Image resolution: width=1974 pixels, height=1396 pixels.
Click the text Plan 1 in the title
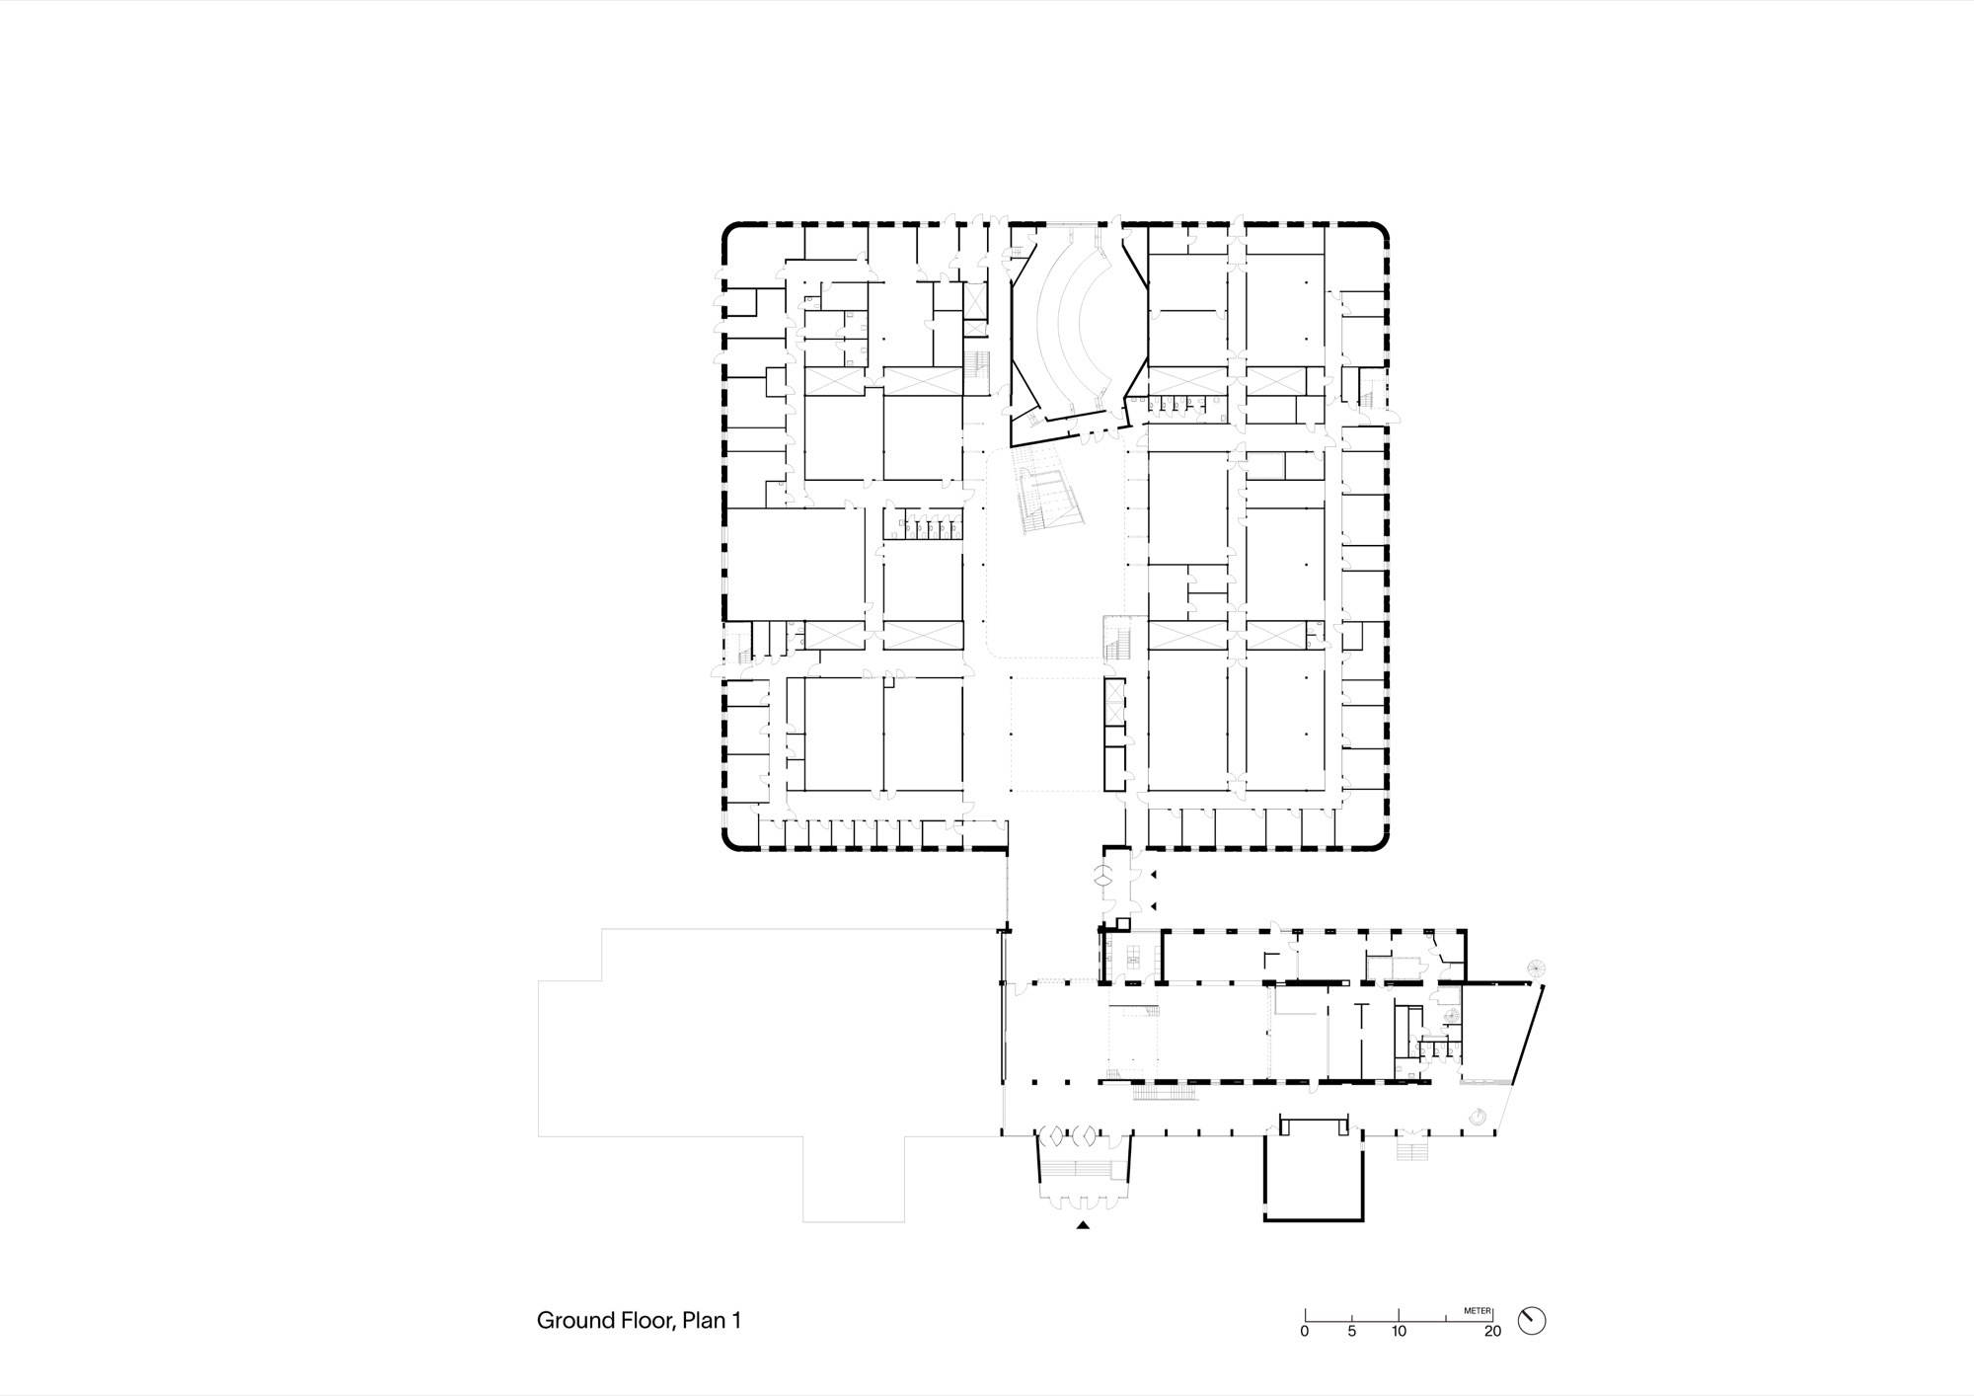[x=711, y=1321]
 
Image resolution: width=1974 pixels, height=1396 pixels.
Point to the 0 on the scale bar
[x=1305, y=1331]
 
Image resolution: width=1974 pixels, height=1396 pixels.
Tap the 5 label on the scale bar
[x=1351, y=1331]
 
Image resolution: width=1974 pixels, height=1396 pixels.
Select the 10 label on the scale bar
[x=1399, y=1331]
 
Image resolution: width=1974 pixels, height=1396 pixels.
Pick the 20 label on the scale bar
[x=1492, y=1331]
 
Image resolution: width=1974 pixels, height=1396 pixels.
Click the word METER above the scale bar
[x=1478, y=1311]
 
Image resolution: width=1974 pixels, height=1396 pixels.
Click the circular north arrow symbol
[x=1533, y=1321]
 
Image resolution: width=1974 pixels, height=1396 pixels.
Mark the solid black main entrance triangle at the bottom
[x=1083, y=1225]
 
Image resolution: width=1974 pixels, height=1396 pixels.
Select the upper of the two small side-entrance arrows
[x=1152, y=875]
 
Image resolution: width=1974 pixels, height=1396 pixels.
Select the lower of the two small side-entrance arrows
[x=1152, y=905]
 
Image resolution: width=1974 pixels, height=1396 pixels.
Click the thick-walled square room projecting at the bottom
[x=1314, y=1179]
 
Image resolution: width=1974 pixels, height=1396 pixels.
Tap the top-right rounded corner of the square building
[x=1381, y=231]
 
